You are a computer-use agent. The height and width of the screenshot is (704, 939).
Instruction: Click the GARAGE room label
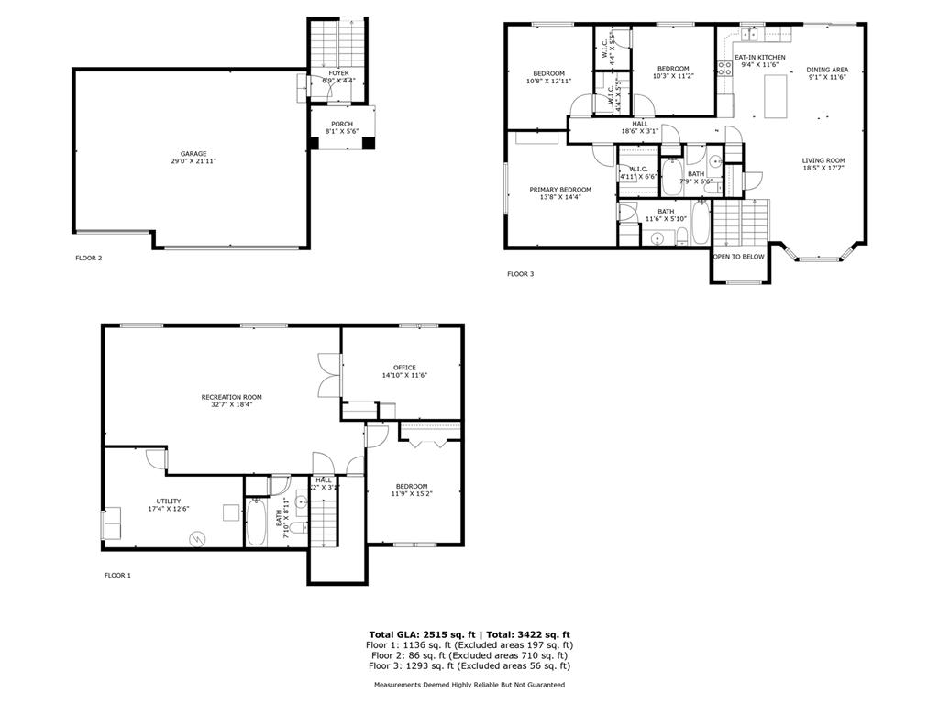tap(193, 154)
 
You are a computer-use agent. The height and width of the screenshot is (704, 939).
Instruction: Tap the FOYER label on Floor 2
tap(338, 72)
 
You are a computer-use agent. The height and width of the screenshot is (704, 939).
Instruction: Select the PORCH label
tap(341, 125)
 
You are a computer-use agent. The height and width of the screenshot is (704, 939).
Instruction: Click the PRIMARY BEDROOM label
tap(560, 190)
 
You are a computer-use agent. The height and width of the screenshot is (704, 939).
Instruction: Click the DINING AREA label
tap(827, 70)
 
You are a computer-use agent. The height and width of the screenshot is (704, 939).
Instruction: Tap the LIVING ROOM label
tap(823, 160)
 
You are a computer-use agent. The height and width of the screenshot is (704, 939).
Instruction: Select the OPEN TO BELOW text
tap(739, 257)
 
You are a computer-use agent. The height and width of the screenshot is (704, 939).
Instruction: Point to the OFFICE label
tap(404, 368)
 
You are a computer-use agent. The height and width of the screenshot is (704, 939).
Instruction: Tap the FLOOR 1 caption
tap(117, 576)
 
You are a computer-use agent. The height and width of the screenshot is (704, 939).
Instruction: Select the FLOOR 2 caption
tap(88, 258)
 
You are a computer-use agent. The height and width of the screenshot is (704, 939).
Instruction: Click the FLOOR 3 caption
tap(521, 273)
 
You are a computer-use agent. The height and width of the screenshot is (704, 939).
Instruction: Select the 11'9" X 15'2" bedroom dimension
tap(412, 494)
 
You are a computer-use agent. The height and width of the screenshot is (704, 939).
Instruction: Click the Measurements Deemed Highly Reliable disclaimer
tap(469, 685)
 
